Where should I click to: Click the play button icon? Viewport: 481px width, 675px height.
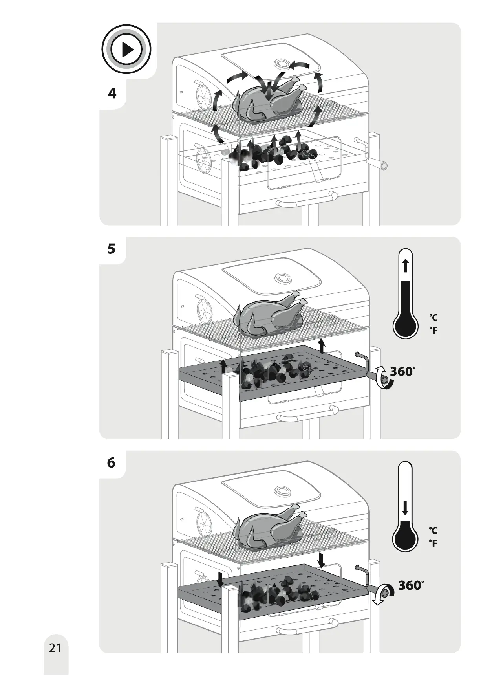point(126,50)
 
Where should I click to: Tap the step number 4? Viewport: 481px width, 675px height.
point(112,94)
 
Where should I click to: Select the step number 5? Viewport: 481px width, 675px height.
point(112,249)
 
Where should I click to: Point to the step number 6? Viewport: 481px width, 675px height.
point(112,463)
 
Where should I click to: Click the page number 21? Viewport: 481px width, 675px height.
point(55,647)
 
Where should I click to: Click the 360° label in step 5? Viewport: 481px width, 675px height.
point(402,371)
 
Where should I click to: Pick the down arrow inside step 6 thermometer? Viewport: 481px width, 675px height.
point(405,508)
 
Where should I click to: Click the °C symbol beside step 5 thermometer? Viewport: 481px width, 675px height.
point(433,317)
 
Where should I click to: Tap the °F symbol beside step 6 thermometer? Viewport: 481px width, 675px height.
point(433,543)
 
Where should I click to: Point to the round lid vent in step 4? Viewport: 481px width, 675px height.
point(282,63)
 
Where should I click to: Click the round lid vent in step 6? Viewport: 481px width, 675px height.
point(282,490)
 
